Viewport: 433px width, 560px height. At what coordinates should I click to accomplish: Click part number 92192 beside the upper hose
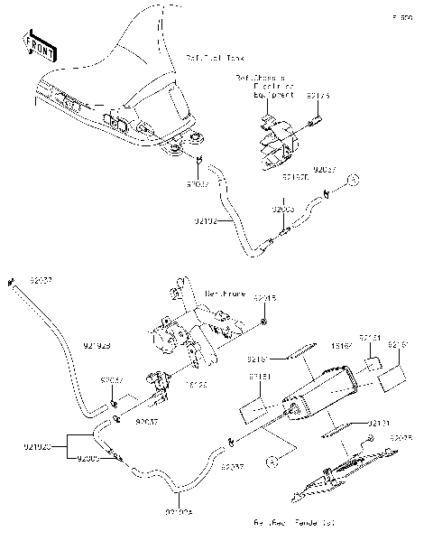[x=207, y=219]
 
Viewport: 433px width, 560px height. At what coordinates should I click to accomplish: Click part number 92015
[x=263, y=297]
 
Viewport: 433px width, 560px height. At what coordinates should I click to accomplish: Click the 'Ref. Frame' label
[x=225, y=294]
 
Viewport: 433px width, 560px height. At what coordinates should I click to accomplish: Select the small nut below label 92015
[x=263, y=320]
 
